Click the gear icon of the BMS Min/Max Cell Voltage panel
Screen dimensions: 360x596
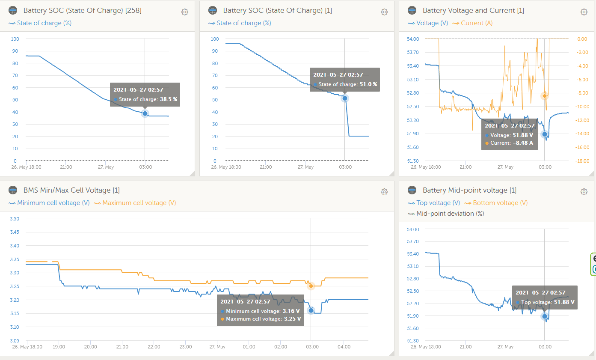pyautogui.click(x=384, y=192)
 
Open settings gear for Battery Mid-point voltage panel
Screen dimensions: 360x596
pyautogui.click(x=584, y=192)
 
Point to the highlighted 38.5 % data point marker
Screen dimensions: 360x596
pyautogui.click(x=145, y=113)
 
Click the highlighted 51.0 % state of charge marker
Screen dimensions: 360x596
pyautogui.click(x=345, y=98)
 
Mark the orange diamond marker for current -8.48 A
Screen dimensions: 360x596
pyautogui.click(x=544, y=96)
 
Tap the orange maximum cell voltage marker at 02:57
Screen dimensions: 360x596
pyautogui.click(x=311, y=286)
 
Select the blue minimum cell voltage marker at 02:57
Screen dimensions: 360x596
pyautogui.click(x=311, y=310)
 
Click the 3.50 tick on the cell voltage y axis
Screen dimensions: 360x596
pyautogui.click(x=15, y=219)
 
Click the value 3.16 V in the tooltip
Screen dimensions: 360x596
pyautogui.click(x=291, y=311)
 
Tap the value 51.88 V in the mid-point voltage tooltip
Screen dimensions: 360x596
pyautogui.click(x=564, y=302)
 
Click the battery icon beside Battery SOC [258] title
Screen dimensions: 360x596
pyautogui.click(x=13, y=10)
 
